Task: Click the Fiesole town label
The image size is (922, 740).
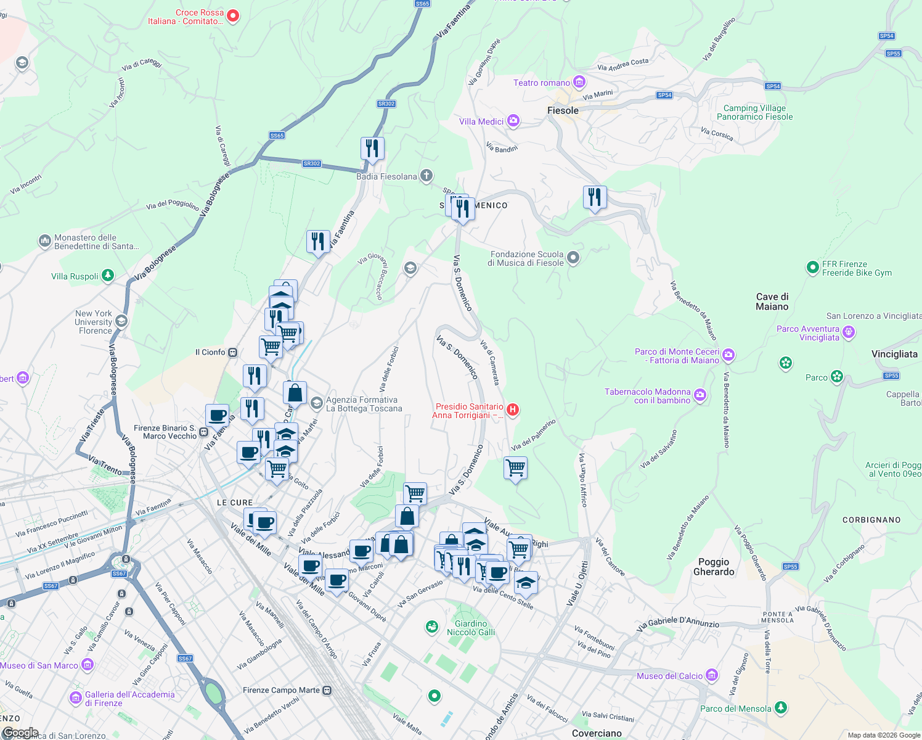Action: (563, 110)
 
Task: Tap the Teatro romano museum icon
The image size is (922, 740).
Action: (579, 82)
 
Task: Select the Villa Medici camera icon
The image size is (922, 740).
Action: (513, 121)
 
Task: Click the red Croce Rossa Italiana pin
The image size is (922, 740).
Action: (233, 16)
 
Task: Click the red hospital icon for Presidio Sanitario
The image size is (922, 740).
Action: (513, 409)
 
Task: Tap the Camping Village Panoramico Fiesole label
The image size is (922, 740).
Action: (754, 112)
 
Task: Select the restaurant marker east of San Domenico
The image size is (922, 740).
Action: (595, 197)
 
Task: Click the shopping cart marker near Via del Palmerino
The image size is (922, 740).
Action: (515, 468)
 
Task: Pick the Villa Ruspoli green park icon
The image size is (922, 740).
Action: (108, 276)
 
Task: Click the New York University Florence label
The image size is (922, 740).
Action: (94, 322)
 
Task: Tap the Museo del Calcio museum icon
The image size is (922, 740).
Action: (712, 675)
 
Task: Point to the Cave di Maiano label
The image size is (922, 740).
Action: (772, 302)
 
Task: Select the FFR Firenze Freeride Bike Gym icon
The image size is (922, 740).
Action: (813, 268)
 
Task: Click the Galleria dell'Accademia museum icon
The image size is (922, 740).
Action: (76, 698)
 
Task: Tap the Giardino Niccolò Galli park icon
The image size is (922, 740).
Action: (432, 627)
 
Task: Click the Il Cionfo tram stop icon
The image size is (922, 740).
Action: (232, 352)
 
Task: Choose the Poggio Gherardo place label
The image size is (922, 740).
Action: (714, 567)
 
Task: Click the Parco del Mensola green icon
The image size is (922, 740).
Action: (781, 707)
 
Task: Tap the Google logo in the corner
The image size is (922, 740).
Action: (20, 733)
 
